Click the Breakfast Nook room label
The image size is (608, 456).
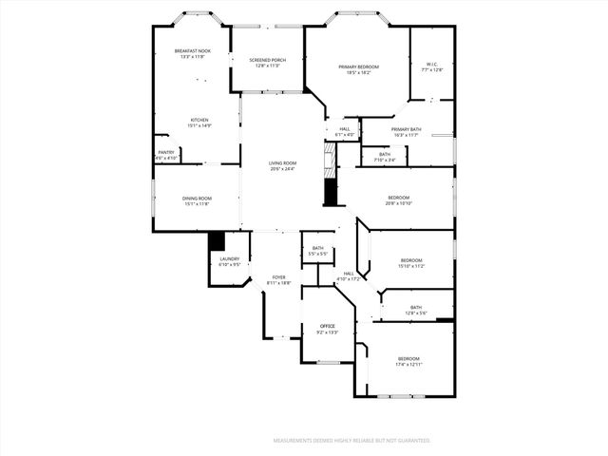point(192,49)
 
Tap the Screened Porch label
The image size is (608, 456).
point(268,60)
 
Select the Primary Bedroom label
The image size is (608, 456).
point(359,66)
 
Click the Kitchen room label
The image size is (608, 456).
point(198,120)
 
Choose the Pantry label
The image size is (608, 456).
point(165,151)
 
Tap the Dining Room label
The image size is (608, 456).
point(196,199)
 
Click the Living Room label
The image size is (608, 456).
point(282,163)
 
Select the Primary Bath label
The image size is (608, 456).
point(406,129)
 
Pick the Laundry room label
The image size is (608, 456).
point(230,258)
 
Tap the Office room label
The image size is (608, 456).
point(327,326)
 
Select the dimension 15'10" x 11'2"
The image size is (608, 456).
point(411,266)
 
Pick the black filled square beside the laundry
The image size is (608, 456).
point(216,240)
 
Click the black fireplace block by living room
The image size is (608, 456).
point(331,192)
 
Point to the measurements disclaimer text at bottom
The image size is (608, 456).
point(351,441)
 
